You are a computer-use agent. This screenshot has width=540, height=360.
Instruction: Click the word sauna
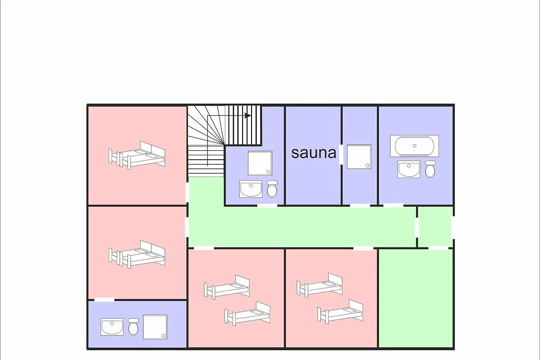click(314, 153)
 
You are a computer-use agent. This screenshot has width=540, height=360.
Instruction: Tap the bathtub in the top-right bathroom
click(414, 146)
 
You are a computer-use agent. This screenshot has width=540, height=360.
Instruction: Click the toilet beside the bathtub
click(430, 169)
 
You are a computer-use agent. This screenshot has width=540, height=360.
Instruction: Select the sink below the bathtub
click(409, 169)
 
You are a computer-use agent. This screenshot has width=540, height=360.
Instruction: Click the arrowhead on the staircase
click(247, 116)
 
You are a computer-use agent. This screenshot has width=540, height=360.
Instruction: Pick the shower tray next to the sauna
click(359, 157)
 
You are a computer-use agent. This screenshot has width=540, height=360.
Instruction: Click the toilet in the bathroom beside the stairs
click(272, 189)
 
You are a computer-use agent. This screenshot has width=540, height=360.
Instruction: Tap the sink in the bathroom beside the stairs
click(251, 189)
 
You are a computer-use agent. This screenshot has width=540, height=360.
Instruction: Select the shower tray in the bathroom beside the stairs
click(260, 163)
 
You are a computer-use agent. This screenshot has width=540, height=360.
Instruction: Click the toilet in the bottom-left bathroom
click(133, 327)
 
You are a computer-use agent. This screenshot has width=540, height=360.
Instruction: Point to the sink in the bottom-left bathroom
click(112, 327)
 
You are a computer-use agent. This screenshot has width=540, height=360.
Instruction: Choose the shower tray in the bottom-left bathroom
click(155, 327)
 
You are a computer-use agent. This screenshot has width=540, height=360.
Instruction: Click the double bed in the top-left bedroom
click(137, 156)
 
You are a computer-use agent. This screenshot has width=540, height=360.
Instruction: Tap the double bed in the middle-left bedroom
click(137, 254)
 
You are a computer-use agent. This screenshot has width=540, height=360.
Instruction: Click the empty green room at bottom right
click(416, 298)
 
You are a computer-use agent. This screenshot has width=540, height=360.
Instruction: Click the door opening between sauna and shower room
click(341, 154)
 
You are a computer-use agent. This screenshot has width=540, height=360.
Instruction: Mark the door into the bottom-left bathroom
click(104, 300)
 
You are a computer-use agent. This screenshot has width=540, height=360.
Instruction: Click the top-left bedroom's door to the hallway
click(187, 193)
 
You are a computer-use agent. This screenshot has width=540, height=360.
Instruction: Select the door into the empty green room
click(438, 248)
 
